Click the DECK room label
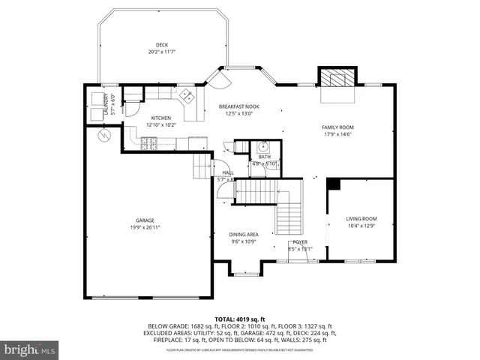(161, 44)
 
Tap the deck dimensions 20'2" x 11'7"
(161, 51)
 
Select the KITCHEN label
(161, 118)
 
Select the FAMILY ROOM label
(337, 127)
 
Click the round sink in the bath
(262, 147)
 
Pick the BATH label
(265, 157)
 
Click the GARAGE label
(145, 220)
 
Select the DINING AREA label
(244, 235)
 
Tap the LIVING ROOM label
(361, 219)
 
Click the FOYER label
(300, 242)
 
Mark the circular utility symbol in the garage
(105, 135)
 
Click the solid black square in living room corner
(334, 184)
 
